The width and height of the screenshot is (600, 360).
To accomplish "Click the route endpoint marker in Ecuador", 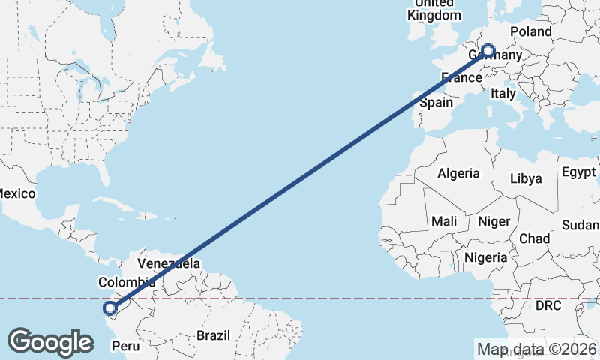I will [x=110, y=307].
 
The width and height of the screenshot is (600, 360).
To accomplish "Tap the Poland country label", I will [x=530, y=31].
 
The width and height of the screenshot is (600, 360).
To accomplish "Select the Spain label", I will [x=436, y=103].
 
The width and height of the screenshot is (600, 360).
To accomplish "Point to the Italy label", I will [x=502, y=94].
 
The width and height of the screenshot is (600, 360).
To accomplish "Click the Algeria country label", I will [x=458, y=173].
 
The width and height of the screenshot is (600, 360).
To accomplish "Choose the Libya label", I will [x=525, y=178].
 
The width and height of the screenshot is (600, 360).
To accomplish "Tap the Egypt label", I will [x=577, y=172].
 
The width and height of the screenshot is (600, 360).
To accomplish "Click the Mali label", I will [x=443, y=221].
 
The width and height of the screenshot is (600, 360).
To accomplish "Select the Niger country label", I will [x=493, y=221].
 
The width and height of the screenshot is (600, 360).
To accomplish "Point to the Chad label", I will [x=533, y=238].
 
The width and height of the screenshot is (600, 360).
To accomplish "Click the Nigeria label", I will [x=485, y=257].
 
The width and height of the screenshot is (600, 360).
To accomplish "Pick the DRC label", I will [x=548, y=306].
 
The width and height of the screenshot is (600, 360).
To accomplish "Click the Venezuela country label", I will [x=169, y=263].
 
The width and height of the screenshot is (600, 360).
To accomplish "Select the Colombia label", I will [x=127, y=282].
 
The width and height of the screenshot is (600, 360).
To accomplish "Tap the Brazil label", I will [x=214, y=335].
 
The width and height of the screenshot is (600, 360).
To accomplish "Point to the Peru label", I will [x=125, y=346].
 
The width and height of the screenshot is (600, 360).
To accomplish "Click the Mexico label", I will [x=16, y=193].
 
